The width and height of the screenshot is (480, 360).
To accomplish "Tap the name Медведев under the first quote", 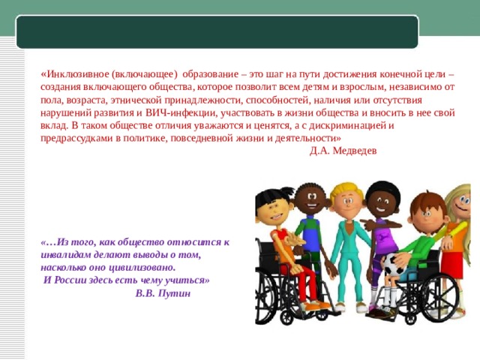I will [x=355, y=150].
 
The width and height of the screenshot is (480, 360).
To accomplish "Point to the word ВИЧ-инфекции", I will [x=178, y=113].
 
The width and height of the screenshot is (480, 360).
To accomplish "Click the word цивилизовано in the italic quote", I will [x=139, y=267].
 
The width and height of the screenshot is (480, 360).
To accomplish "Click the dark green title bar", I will [x=217, y=31].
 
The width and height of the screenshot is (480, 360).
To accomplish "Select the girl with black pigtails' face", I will [x=274, y=207].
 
